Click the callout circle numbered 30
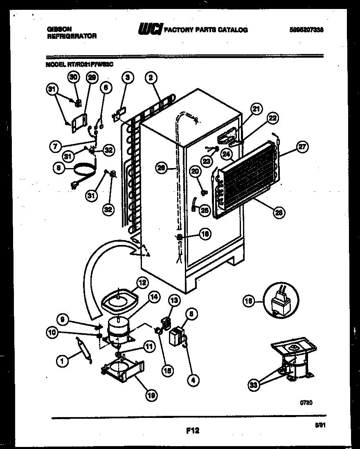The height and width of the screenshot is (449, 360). coord(73,76)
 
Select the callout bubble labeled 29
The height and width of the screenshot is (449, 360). coord(92,76)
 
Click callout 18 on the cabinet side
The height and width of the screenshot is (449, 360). coord(205,234)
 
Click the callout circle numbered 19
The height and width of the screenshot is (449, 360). coord(152,394)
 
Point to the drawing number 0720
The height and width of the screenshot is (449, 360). coord(306,403)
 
